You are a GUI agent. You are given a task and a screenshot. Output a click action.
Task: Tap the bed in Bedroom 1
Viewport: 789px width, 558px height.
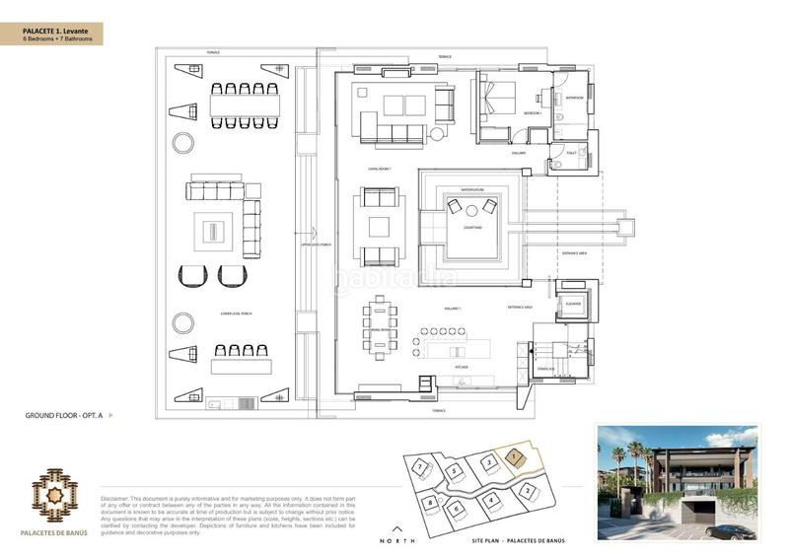[497, 97]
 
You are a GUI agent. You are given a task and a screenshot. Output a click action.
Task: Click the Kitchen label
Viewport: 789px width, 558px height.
[461, 366]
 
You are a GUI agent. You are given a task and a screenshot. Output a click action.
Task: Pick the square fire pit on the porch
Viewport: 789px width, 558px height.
[214, 231]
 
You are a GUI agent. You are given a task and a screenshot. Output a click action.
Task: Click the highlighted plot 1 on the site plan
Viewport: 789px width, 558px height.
[515, 456]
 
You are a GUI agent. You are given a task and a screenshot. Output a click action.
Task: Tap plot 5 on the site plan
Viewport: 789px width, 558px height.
[452, 471]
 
